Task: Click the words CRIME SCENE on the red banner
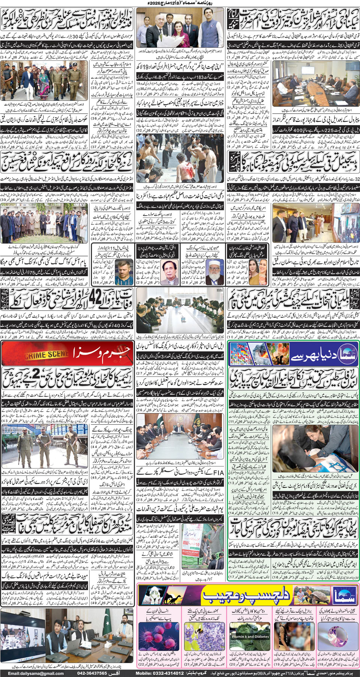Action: [x=46, y=354]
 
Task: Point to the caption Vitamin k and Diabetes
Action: [x=250, y=637]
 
